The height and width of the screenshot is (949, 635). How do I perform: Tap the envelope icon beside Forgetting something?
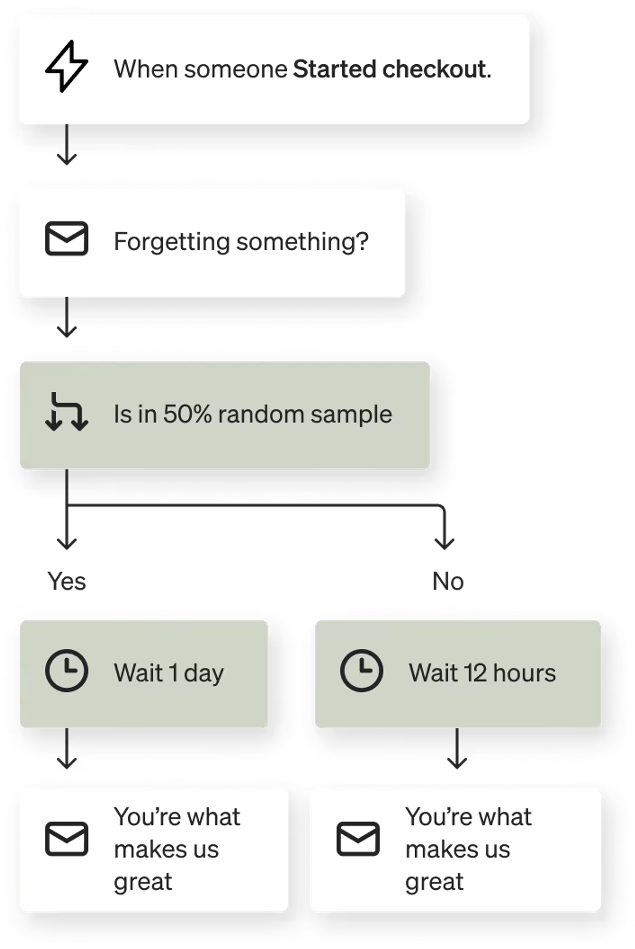66,238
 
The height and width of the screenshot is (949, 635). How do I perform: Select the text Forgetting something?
241,242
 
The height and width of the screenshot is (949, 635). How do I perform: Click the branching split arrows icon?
66,412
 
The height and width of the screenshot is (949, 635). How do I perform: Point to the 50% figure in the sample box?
187,414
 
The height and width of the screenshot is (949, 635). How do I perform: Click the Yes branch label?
66,581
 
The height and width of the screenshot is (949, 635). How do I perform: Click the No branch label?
448,581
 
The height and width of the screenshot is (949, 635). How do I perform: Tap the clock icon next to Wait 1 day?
66,671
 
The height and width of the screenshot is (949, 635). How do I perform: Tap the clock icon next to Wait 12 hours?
361,671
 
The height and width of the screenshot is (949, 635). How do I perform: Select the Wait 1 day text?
169,673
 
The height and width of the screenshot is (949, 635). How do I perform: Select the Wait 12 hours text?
482,673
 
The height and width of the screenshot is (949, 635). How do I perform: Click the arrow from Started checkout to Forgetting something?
66,145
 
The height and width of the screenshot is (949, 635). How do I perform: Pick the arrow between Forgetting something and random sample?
66,317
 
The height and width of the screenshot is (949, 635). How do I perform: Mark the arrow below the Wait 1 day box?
66,749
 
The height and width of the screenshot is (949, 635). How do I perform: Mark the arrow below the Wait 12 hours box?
457,749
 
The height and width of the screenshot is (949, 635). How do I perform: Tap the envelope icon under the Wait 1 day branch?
66,839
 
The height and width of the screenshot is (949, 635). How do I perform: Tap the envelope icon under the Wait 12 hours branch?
358,839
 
